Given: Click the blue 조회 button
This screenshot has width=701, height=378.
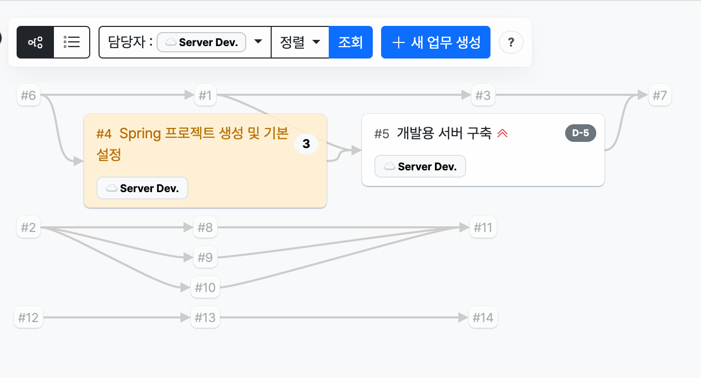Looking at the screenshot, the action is pos(350,42).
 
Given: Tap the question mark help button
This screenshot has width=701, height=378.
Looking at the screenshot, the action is pos(511,42).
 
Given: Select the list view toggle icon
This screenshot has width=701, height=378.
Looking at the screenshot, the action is pos(72,42).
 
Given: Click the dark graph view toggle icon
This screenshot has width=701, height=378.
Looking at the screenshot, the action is pos(35,42).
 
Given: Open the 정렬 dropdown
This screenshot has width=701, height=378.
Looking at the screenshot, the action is pos(300,42).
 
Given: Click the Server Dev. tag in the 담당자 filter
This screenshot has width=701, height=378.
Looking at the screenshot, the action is pos(201,42).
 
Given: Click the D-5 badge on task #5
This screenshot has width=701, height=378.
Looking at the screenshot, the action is pos(581,133).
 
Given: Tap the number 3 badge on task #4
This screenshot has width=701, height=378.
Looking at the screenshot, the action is pos(306,144).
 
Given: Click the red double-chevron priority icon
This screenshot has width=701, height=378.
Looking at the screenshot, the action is pos(502,134).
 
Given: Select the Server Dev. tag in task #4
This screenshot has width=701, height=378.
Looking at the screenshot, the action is pos(143,188).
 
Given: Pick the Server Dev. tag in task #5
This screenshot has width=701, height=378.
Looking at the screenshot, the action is pos(420,166).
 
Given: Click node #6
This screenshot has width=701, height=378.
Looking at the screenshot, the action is pos(29,95).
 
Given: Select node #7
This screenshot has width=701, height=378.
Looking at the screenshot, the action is pos(660,95).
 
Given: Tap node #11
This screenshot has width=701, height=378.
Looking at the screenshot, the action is pos(483,227).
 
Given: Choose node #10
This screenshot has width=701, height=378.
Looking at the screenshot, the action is pos(205,287).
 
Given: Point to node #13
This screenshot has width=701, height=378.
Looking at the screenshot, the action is pos(205,317).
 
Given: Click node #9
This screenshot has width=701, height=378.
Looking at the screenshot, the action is pos(205,257).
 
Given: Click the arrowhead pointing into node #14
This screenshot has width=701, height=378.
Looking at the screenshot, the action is pos(463,317).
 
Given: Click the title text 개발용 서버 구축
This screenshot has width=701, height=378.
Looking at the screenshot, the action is pos(444,134).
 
